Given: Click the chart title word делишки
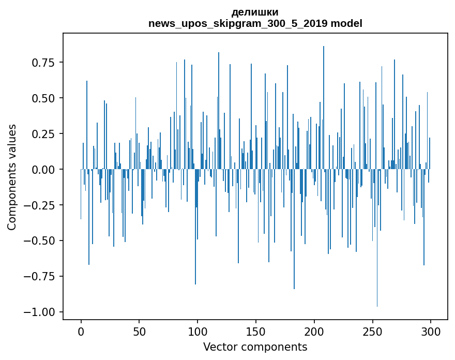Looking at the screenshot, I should pyautogui.click(x=255, y=12).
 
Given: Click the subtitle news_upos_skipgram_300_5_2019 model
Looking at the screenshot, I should pyautogui.click(x=255, y=23).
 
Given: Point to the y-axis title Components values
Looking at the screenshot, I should pyautogui.click(x=11, y=177).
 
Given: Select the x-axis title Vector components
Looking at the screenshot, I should pyautogui.click(x=255, y=347).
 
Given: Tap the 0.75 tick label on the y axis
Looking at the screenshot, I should pyautogui.click(x=44, y=63).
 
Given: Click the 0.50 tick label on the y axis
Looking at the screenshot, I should pyautogui.click(x=44, y=98).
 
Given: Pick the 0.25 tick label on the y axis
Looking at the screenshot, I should pyautogui.click(x=44, y=134).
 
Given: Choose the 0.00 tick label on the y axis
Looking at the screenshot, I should pyautogui.click(x=44, y=170).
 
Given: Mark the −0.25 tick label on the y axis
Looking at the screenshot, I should pyautogui.click(x=40, y=205).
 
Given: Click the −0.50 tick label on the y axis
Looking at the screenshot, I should pyautogui.click(x=40, y=241).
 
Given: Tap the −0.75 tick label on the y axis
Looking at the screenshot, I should pyautogui.click(x=40, y=276).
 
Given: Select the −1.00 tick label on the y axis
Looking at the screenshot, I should pyautogui.click(x=40, y=312).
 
